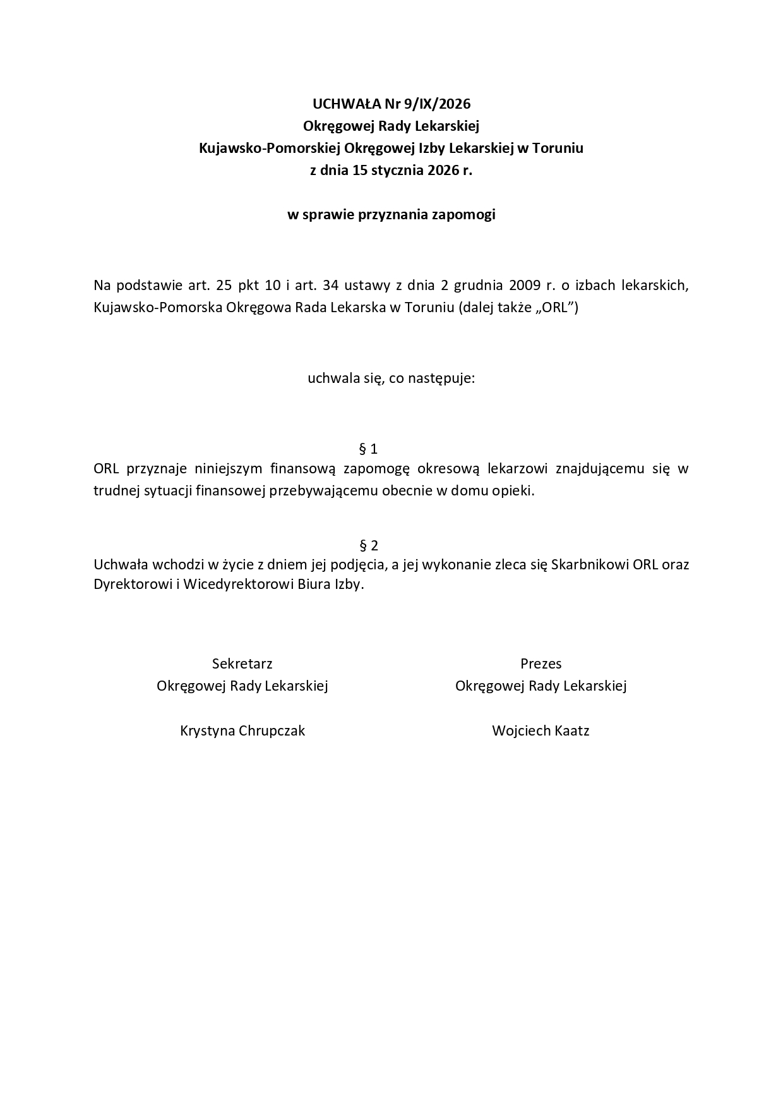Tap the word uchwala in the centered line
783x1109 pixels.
pos(328,379)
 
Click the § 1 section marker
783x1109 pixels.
pos(368,449)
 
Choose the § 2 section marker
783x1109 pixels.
pos(368,545)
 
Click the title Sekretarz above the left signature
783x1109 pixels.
pos(242,664)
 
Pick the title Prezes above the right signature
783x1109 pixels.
pos(541,664)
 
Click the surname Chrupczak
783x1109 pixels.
pos(272,731)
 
